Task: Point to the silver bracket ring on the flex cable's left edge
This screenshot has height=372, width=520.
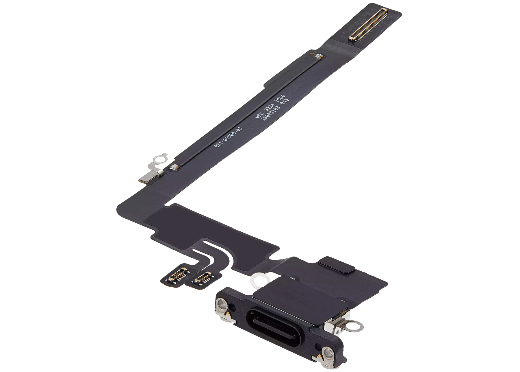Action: pos(157,158)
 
